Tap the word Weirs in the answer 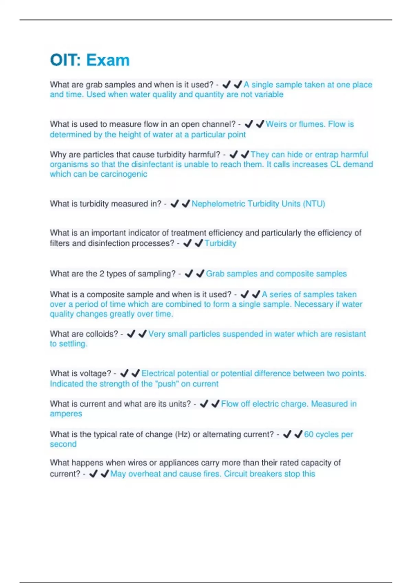276,124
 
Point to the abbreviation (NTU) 314,204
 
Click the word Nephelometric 218,204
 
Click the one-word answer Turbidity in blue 220,243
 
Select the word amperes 66,414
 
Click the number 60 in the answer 309,434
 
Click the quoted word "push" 168,384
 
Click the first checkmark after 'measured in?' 174,204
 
